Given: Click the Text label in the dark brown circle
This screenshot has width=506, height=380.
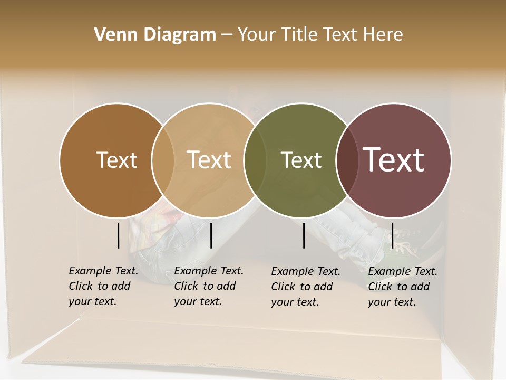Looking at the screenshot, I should click(x=116, y=160).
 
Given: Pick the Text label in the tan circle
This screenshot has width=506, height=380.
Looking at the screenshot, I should click(x=209, y=160).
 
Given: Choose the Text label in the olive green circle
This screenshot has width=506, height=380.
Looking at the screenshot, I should click(x=301, y=160).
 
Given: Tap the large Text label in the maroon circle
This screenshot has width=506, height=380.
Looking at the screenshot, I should click(x=394, y=160).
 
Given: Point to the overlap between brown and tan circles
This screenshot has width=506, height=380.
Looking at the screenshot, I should click(x=163, y=160).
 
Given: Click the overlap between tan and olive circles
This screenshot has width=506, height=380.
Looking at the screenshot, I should click(x=255, y=160).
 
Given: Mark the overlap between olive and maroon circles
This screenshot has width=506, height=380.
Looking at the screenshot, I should click(x=347, y=160).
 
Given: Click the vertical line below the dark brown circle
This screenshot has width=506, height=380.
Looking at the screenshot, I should click(x=119, y=235).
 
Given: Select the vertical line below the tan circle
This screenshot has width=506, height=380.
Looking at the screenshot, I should click(x=211, y=235).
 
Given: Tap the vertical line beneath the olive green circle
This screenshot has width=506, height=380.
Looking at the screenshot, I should click(x=304, y=235).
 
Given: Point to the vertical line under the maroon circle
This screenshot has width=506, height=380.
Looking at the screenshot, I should click(x=392, y=235).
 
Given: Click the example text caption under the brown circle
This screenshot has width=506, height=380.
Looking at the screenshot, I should click(x=103, y=286).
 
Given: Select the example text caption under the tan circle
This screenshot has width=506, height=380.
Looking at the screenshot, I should click(x=209, y=286).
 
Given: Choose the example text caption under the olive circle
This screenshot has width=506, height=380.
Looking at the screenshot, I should click(x=306, y=287).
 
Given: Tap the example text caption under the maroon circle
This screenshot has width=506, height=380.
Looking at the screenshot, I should click(x=403, y=287).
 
